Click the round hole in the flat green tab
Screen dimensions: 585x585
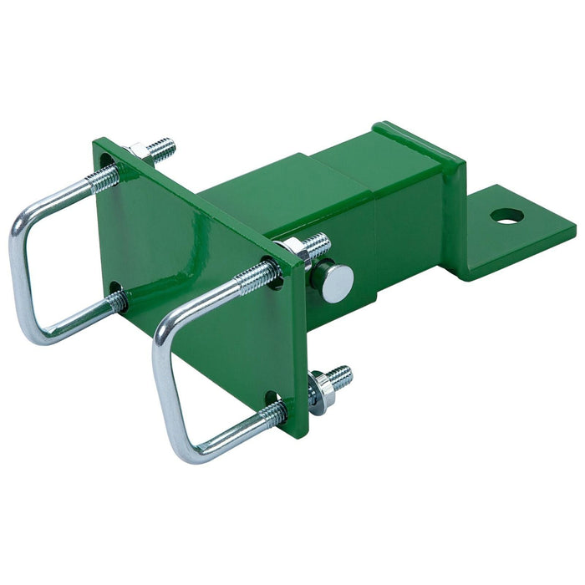coord(506,216)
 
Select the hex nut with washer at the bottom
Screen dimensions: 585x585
coord(321,390)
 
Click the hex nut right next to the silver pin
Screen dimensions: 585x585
coord(294,249)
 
